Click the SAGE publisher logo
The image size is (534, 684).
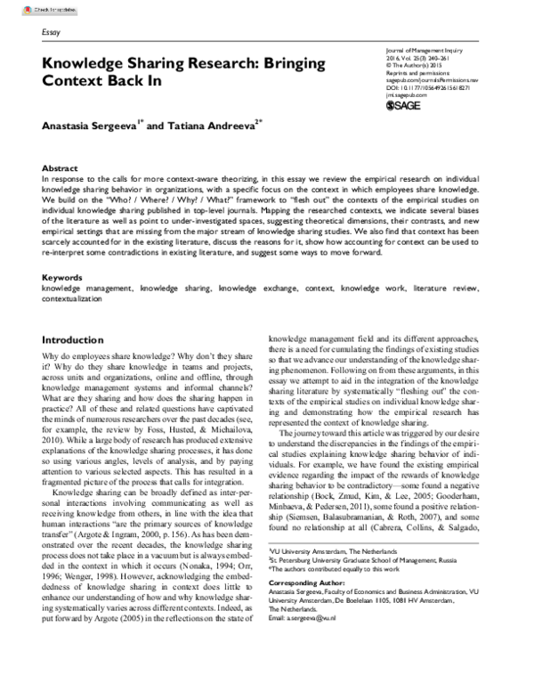click(x=410, y=106)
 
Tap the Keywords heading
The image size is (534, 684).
click(x=64, y=279)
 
